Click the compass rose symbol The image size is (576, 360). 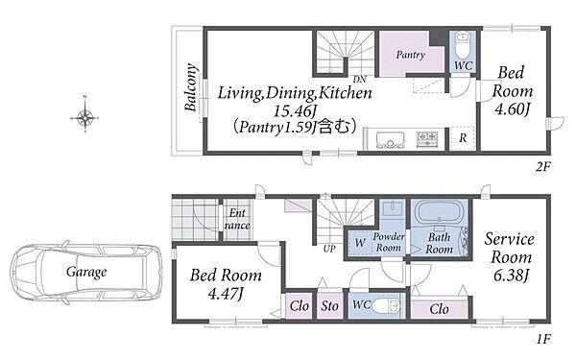(84, 118)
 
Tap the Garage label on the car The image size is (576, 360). (86, 272)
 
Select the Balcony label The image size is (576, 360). (190, 87)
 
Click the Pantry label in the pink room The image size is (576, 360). (410, 55)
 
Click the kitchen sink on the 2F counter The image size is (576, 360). (390, 140)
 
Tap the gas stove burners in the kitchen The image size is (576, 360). (427, 139)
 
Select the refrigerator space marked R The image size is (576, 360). (463, 138)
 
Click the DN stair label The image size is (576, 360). (359, 79)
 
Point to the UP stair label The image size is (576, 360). (329, 249)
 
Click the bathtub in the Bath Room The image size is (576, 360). (440, 213)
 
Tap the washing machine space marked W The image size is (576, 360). (360, 243)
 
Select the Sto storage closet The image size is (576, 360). (329, 305)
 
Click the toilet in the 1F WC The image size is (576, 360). (385, 305)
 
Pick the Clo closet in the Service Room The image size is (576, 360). (440, 309)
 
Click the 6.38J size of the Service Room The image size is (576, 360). (511, 276)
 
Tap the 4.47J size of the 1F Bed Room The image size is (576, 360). (226, 294)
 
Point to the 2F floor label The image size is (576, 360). (543, 167)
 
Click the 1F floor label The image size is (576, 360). (543, 339)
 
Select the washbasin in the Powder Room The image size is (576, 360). (393, 208)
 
